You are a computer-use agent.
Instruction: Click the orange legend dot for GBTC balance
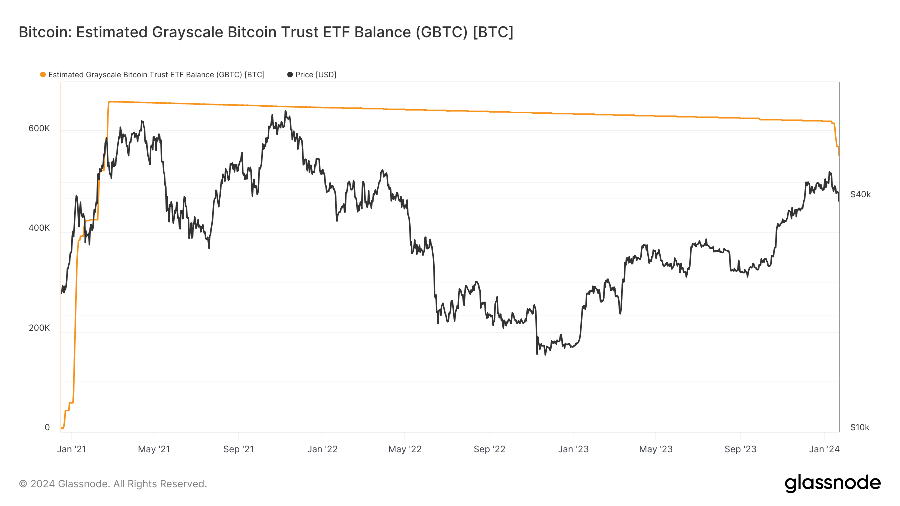(x=43, y=75)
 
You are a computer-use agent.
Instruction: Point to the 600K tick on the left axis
(x=39, y=128)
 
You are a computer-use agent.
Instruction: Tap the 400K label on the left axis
(x=39, y=228)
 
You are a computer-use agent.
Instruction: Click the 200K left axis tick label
(x=39, y=328)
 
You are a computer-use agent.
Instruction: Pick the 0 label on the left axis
(x=47, y=427)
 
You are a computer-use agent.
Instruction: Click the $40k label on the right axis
(x=860, y=194)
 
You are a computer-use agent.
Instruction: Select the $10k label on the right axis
(x=860, y=427)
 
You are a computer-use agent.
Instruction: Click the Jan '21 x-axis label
(x=71, y=449)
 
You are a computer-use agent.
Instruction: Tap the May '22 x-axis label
(x=405, y=449)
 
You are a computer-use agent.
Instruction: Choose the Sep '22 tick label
(x=489, y=449)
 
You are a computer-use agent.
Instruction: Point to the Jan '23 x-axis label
(x=573, y=449)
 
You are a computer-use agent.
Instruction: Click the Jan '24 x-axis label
(x=824, y=449)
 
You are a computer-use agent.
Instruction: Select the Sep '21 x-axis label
(x=238, y=449)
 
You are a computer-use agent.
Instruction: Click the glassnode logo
(x=832, y=483)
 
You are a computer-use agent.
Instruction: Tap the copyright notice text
(x=113, y=484)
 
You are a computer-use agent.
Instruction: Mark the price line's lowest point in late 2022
(x=537, y=354)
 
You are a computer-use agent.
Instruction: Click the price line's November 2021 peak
(x=285, y=111)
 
